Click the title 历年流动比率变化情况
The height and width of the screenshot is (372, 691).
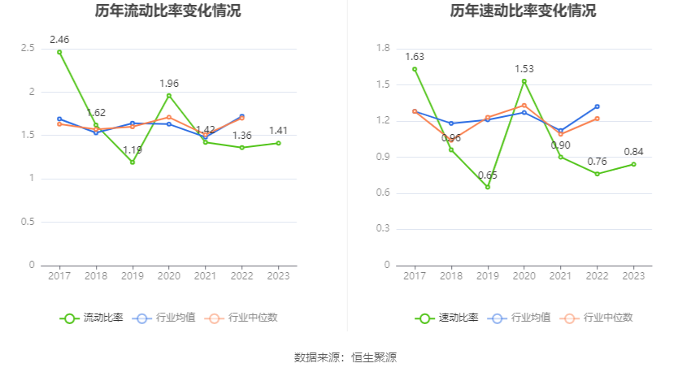pos(167,11)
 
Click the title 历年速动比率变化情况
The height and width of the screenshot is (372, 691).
pos(523,11)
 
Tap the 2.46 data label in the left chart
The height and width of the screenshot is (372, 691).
pos(59,39)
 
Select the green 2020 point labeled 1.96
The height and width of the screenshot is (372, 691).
pos(169,96)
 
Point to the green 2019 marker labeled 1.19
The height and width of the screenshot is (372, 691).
pos(133,162)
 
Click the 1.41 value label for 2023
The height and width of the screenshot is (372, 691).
pos(279,130)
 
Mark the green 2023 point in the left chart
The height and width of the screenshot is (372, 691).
pos(279,143)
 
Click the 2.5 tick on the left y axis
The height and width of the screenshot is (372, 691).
pos(28,49)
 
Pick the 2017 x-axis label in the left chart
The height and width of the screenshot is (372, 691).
pos(59,276)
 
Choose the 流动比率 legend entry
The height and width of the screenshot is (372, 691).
pos(92,318)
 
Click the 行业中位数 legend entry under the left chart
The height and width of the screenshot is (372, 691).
pos(243,318)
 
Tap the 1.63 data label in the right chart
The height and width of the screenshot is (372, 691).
pos(415,57)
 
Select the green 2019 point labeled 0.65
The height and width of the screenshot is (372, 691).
pos(488,187)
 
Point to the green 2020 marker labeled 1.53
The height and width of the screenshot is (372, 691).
pos(524,81)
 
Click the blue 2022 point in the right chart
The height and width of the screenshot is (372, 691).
pos(597,106)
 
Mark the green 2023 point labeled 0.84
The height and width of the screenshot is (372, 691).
pos(633,164)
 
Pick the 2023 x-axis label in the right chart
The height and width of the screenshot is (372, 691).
pos(633,276)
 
